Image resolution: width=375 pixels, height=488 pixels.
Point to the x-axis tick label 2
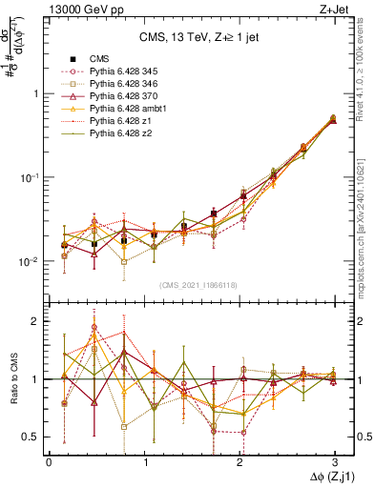pos(239,460)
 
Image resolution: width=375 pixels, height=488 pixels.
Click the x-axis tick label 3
pos(333,460)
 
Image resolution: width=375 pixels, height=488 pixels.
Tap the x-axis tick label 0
pos(50,460)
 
